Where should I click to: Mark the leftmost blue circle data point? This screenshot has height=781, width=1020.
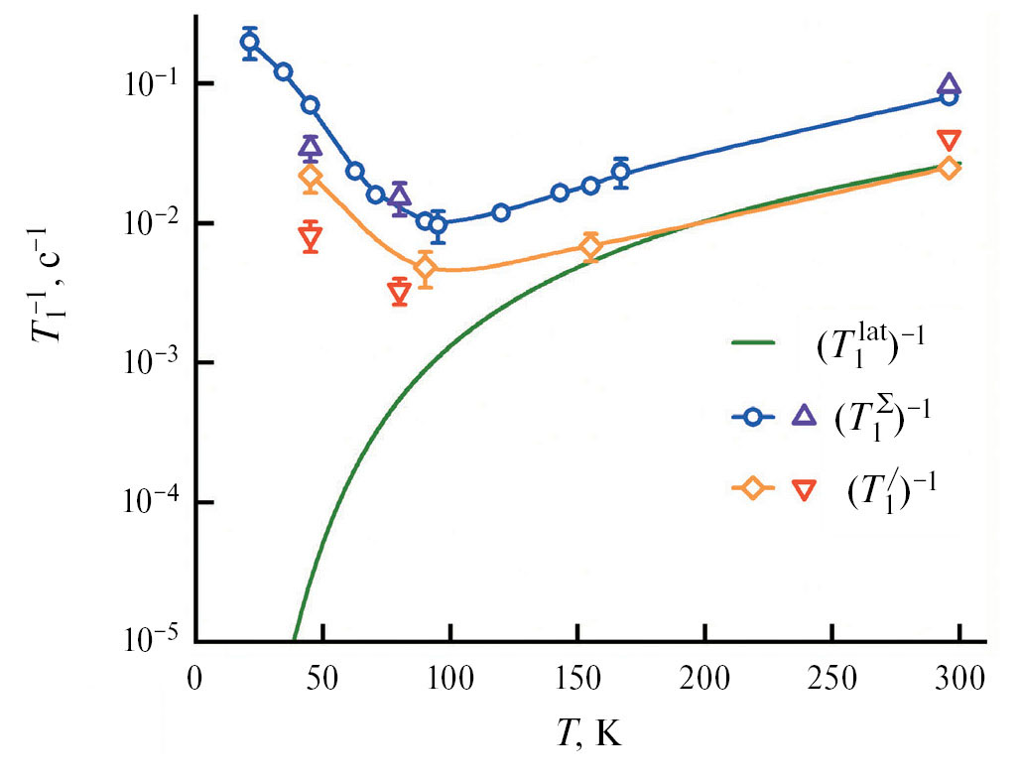[250, 42]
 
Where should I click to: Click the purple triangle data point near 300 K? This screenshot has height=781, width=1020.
[950, 84]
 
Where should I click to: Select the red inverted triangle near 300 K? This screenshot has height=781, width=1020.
[950, 140]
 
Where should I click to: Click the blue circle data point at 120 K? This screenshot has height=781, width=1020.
[501, 212]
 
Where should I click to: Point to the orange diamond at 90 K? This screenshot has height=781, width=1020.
[425, 267]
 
